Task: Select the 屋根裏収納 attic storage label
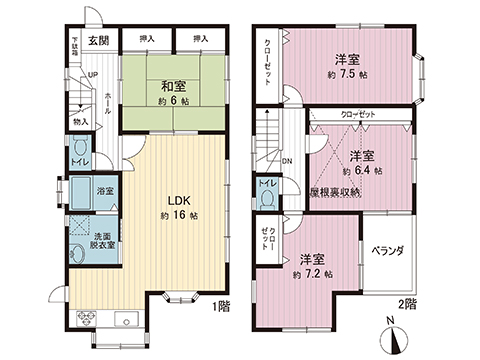tap(334, 191)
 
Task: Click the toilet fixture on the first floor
tap(78, 148)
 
